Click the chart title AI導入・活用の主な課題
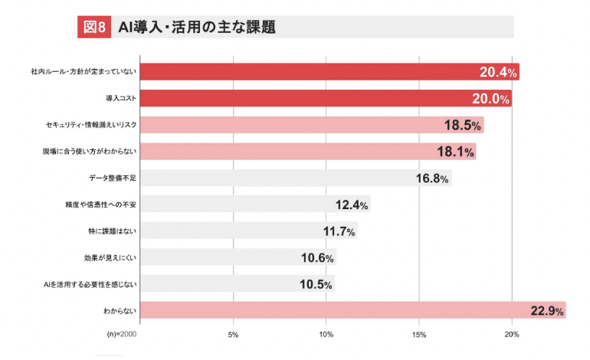pyautogui.click(x=197, y=27)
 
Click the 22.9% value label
pyautogui.click(x=546, y=311)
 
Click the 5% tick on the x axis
pyautogui.click(x=234, y=335)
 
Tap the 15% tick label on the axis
pyautogui.click(x=419, y=335)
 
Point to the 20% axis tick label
pyautogui.click(x=513, y=335)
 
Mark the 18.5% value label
pyautogui.click(x=463, y=126)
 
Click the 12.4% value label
pyautogui.click(x=352, y=205)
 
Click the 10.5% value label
pyautogui.click(x=315, y=284)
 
